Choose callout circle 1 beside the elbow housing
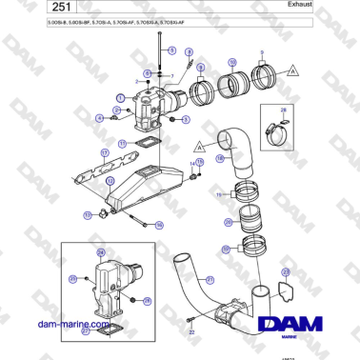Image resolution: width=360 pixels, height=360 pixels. (x=121, y=97)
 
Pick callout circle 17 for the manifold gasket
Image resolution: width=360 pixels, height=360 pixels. (x=77, y=152)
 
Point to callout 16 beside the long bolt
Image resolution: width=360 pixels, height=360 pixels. (x=159, y=225)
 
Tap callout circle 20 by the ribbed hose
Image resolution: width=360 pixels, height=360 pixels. (x=228, y=221)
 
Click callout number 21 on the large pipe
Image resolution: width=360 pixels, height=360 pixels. (x=210, y=279)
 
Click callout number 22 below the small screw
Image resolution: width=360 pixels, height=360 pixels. (x=190, y=333)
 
